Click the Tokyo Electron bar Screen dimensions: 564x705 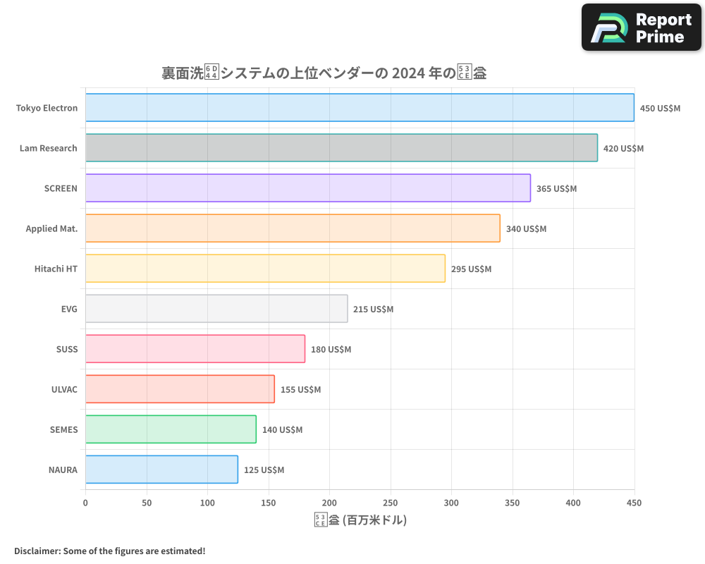click(x=360, y=108)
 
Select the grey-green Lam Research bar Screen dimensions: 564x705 click(x=341, y=148)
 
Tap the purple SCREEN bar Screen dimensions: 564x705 click(x=308, y=188)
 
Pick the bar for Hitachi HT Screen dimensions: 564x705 click(x=265, y=269)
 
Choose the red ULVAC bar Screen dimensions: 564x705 click(x=180, y=389)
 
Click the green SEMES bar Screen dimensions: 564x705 click(x=171, y=429)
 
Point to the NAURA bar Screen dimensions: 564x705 click(x=161, y=470)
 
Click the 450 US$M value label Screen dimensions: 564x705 click(x=660, y=109)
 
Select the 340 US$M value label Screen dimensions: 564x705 click(x=526, y=229)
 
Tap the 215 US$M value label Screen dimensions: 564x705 click(x=373, y=309)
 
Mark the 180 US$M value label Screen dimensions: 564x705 click(x=331, y=350)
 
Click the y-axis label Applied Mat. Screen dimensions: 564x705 click(x=51, y=229)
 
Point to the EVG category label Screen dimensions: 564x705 click(x=69, y=309)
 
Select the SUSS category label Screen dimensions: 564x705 click(x=67, y=350)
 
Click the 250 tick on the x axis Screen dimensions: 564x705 click(x=391, y=503)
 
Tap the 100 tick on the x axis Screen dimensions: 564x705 click(x=207, y=503)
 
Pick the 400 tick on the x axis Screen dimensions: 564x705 click(x=573, y=503)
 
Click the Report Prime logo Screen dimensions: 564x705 click(x=641, y=27)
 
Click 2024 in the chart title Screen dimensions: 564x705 click(x=407, y=73)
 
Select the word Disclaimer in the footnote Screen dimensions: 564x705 click(x=36, y=551)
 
